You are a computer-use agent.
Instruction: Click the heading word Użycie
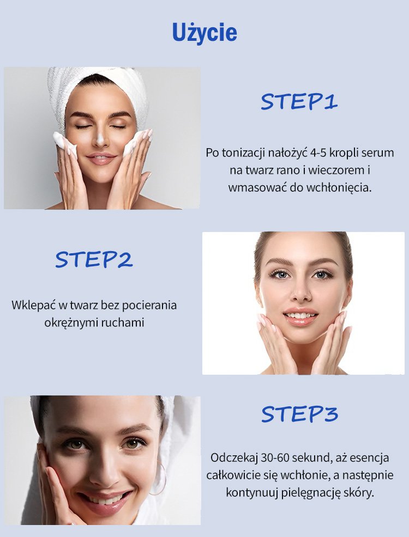pos(204,33)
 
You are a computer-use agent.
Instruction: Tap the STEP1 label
pos(299,102)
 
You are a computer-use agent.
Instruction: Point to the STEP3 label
pos(299,414)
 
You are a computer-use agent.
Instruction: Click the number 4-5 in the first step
pos(318,152)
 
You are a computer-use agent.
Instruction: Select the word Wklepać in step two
pos(33,305)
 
